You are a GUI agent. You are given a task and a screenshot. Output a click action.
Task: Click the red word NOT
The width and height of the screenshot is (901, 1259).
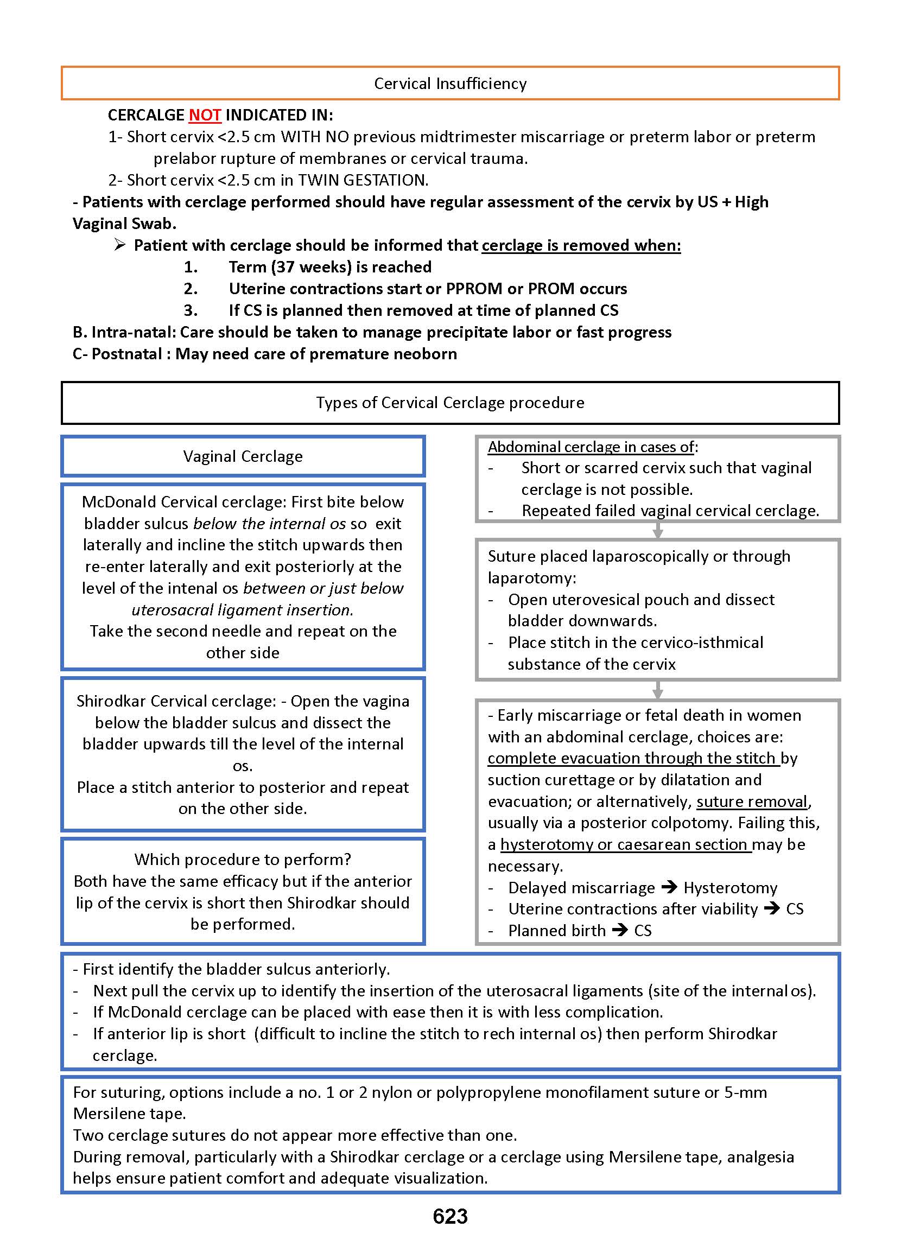(205, 115)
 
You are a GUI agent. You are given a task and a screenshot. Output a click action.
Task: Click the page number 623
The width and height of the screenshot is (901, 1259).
(450, 1216)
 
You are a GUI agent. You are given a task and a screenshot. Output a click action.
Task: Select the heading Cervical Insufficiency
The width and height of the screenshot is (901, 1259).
(450, 84)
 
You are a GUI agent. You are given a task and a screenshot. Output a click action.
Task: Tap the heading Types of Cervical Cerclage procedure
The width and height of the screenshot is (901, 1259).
(450, 403)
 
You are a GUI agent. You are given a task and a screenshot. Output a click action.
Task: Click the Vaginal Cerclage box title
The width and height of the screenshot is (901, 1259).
(243, 456)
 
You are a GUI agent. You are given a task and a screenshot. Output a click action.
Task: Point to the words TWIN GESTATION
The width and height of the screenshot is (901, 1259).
(362, 180)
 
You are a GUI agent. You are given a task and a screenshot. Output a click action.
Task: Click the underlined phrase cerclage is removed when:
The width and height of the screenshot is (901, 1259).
(581, 245)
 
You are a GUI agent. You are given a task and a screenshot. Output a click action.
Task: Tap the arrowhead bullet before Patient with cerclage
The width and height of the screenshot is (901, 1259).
(120, 245)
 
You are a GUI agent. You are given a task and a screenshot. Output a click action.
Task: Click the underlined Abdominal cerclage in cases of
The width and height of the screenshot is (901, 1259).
(591, 447)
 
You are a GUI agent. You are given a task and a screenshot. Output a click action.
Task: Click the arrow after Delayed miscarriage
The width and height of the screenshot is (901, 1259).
(670, 887)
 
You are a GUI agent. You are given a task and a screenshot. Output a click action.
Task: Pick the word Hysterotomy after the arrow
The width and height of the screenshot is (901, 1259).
(730, 888)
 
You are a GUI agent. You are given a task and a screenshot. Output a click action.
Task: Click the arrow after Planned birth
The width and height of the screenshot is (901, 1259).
(620, 930)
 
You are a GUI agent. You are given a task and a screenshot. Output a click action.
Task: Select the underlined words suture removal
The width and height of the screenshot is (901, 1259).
(752, 802)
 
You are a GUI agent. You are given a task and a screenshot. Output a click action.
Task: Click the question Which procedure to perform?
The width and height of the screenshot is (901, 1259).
(243, 860)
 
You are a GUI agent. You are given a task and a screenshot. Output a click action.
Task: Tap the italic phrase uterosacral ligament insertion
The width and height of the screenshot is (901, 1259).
(242, 610)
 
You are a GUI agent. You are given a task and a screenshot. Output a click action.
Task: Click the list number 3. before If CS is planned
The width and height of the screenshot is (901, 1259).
(191, 310)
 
